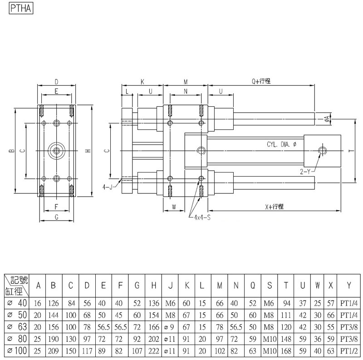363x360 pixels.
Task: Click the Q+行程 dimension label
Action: tap(261, 81)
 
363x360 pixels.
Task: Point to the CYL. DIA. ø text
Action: tap(281, 145)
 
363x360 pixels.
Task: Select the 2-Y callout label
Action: tap(305, 171)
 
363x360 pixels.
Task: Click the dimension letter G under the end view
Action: tap(56, 217)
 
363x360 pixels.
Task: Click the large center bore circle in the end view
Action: tap(56, 150)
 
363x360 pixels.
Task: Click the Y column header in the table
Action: tap(348, 285)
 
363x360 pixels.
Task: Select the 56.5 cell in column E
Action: tap(103, 326)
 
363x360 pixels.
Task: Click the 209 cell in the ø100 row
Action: tap(53, 350)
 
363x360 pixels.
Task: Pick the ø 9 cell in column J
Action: tap(170, 326)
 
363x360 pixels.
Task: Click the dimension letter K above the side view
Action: tap(142, 82)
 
